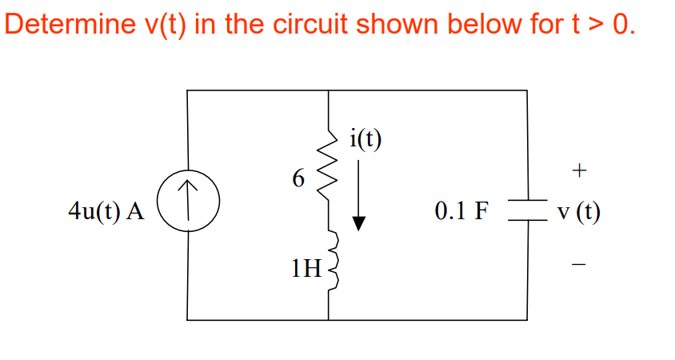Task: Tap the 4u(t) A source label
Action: (106, 212)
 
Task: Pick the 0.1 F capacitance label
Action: (461, 211)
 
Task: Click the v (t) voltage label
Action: (580, 212)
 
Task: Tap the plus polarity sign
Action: (580, 170)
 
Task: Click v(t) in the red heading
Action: (163, 24)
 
